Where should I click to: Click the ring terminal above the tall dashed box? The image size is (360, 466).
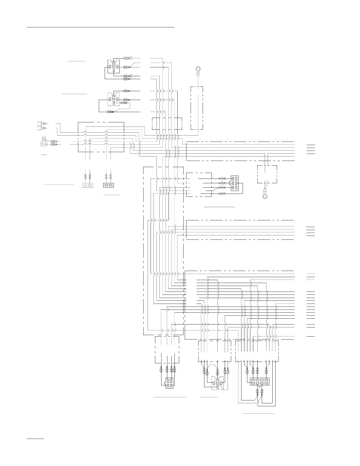coord(198,70)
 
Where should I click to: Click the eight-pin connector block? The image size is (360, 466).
coord(259,382)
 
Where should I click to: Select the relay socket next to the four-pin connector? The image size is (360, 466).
coord(217,383)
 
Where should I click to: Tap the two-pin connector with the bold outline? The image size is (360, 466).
coord(109,185)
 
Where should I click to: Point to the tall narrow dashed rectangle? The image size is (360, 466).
coord(197,108)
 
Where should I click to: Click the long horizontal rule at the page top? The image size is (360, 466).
coord(101,27)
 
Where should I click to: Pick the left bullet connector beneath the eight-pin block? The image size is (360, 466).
coord(258,392)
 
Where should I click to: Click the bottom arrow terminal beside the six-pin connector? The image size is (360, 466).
coord(223,194)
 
